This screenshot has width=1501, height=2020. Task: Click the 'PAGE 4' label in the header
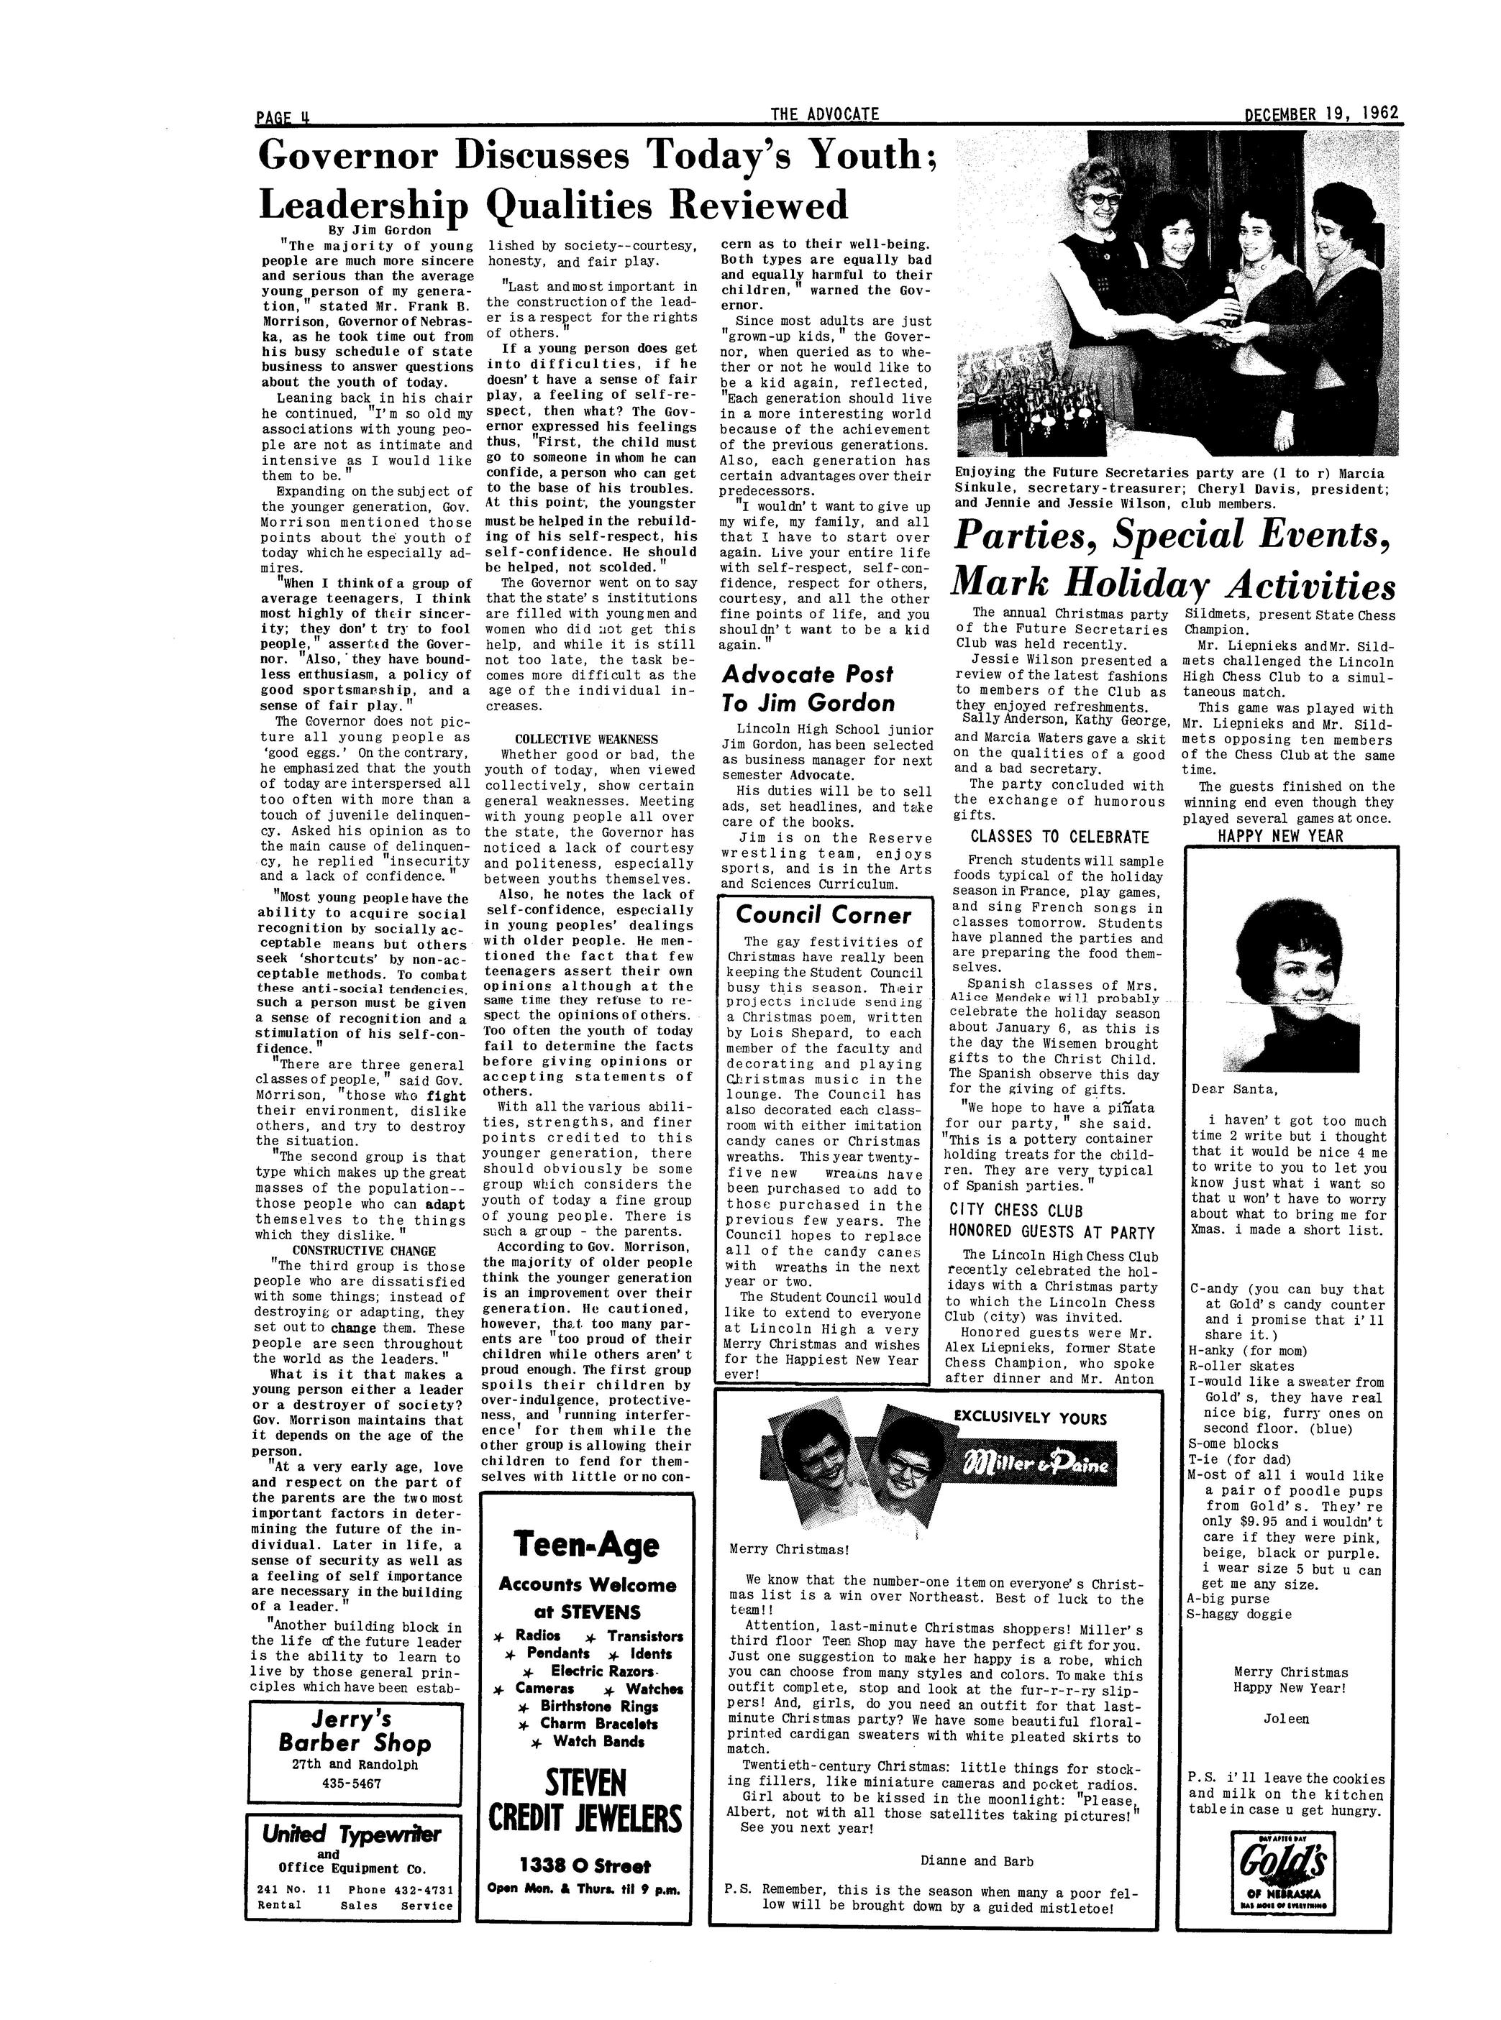click(283, 117)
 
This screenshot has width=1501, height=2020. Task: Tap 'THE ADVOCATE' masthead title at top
click(824, 114)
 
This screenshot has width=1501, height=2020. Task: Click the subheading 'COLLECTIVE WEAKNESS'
click(586, 739)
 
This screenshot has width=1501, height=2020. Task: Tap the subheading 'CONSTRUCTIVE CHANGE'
click(363, 1251)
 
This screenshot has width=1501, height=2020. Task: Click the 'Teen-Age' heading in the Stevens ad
click(585, 1544)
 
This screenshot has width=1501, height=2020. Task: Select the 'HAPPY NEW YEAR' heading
click(1279, 835)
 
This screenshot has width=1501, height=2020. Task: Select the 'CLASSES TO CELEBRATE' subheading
click(1059, 837)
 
